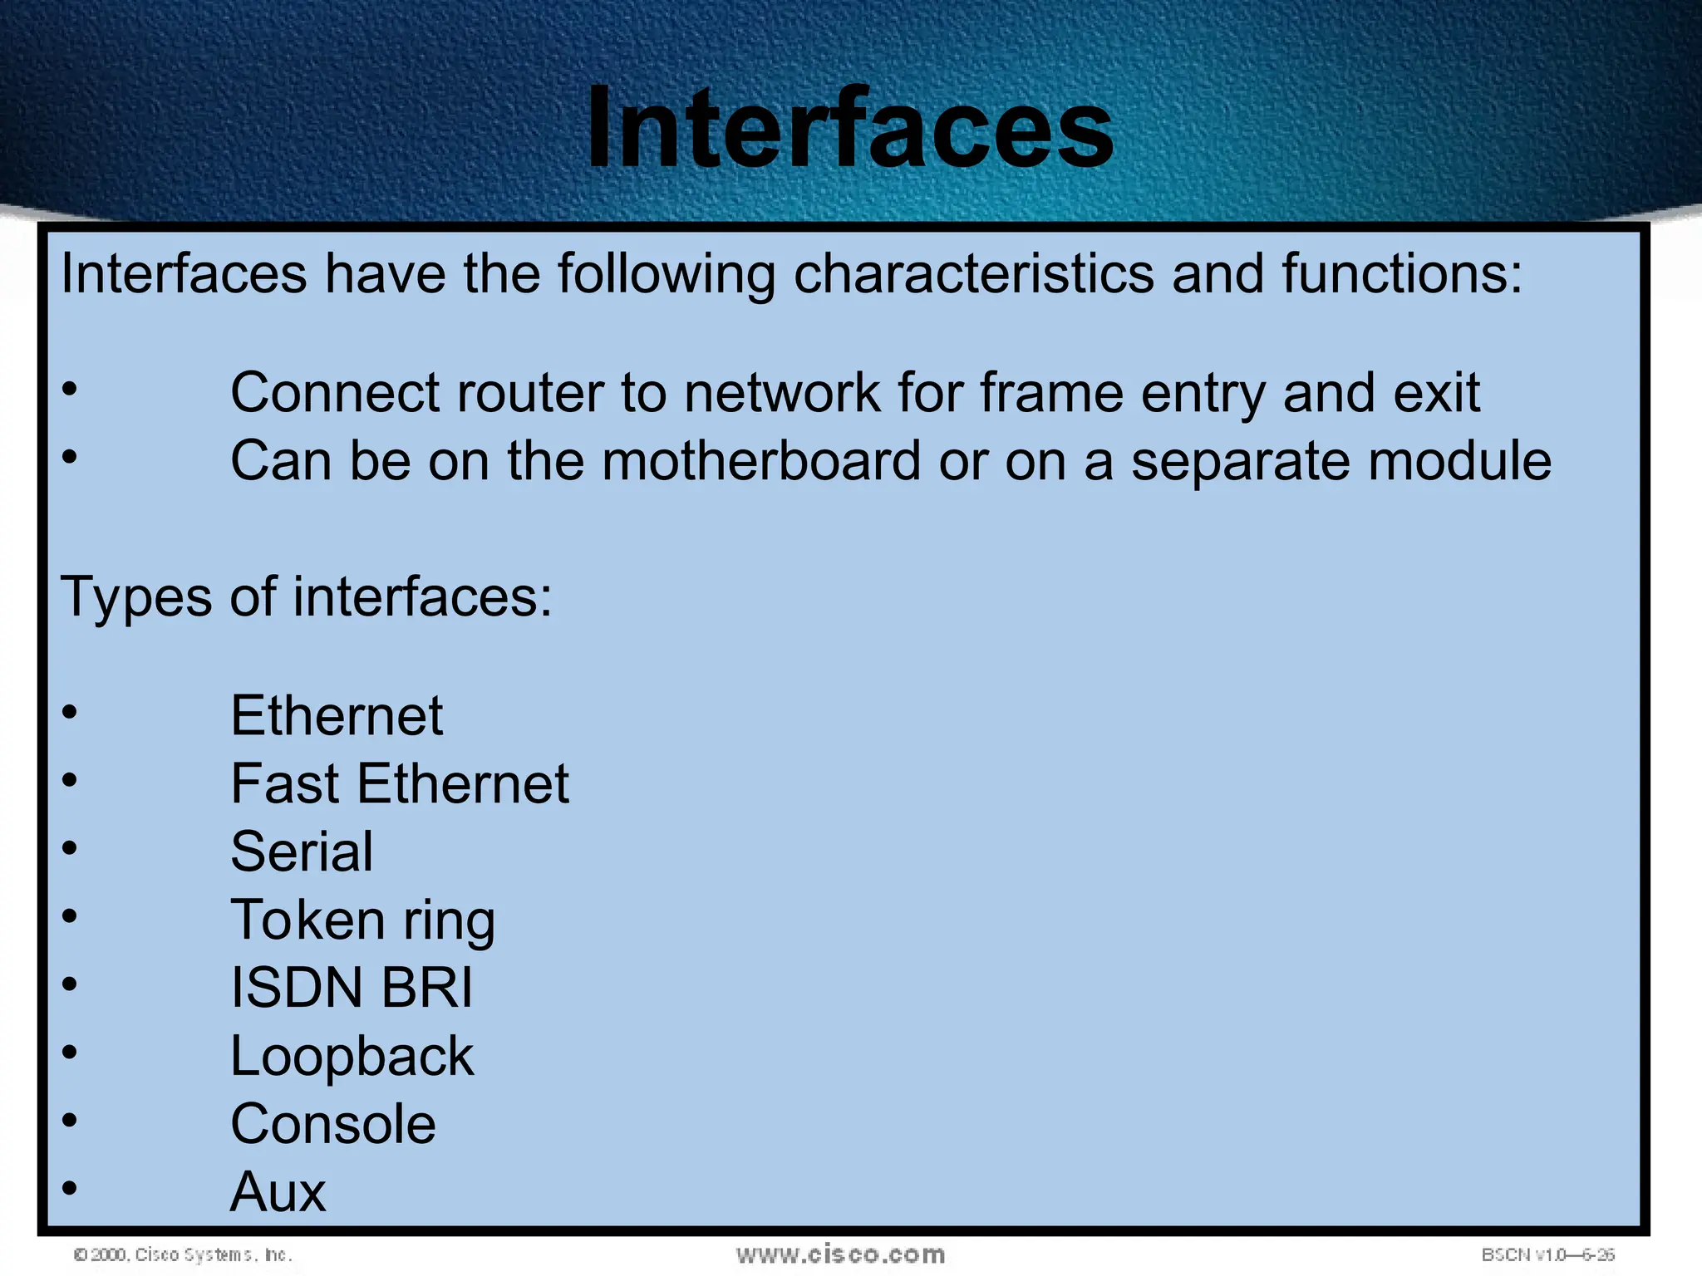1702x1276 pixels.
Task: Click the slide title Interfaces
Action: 849,129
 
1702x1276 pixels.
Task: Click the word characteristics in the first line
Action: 973,273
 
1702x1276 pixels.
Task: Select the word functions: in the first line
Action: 1402,273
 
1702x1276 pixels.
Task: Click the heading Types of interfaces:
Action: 307,596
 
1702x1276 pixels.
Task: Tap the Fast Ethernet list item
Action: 400,783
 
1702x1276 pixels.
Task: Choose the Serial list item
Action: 302,851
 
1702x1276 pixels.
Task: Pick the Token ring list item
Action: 362,920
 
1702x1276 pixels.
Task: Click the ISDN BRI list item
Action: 352,988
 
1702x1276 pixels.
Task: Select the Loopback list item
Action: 352,1056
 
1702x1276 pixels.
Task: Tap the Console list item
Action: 332,1124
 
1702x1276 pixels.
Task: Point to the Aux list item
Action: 278,1192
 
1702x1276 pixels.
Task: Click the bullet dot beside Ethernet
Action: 70,712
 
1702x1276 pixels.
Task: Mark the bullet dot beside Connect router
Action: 70,388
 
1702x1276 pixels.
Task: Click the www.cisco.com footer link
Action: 840,1254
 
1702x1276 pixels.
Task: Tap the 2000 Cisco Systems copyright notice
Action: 183,1254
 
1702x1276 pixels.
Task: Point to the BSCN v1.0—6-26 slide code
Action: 1547,1254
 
